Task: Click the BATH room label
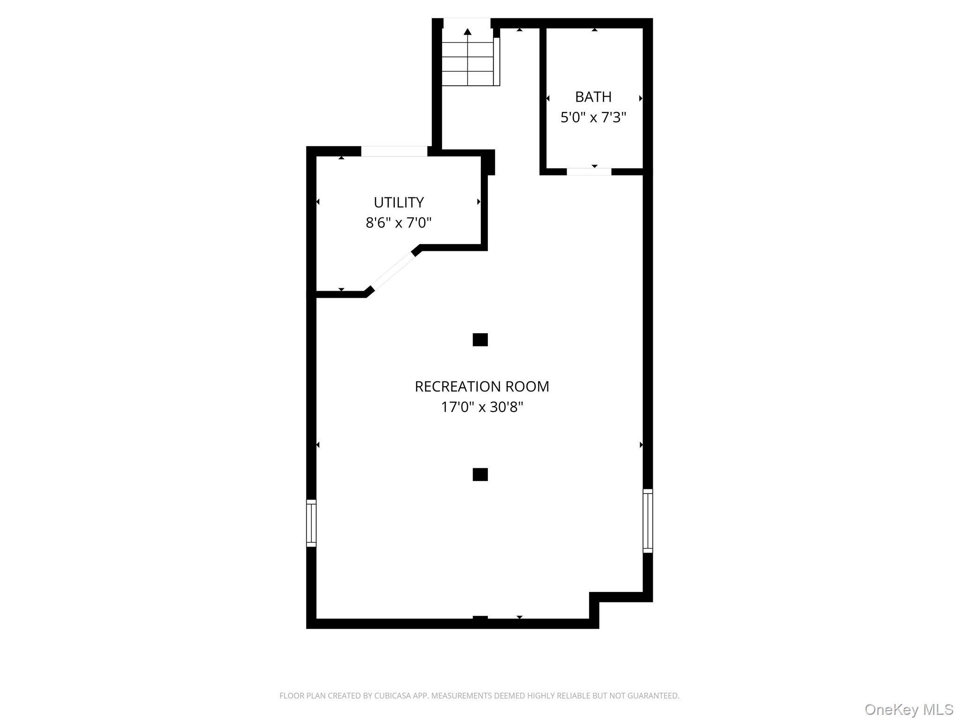coord(593,97)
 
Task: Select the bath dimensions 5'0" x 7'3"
coord(593,117)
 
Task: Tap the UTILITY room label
coord(398,202)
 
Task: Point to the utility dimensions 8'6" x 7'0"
coord(398,223)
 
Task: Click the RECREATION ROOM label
coord(482,387)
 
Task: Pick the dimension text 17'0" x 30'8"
coord(482,407)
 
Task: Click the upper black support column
coord(480,340)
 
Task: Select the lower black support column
coord(480,474)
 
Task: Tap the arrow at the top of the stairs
coord(467,32)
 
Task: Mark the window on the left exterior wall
coord(311,523)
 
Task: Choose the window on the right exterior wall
coord(648,521)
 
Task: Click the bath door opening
coord(589,172)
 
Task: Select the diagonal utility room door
coord(392,271)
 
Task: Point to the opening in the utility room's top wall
coord(394,151)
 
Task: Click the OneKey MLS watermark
coord(908,710)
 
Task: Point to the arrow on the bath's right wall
coord(641,98)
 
